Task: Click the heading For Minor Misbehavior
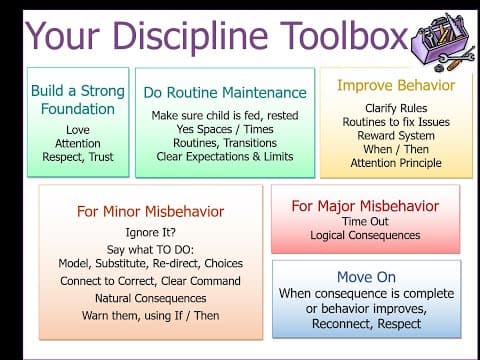point(150,211)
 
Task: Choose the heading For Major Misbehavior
point(365,206)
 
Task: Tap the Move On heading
point(365,275)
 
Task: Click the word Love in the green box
point(77,129)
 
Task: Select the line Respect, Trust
point(77,157)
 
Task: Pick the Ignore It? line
point(150,231)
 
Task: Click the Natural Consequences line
point(150,298)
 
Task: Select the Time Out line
point(365,222)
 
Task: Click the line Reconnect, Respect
point(365,324)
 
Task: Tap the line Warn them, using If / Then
point(150,316)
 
